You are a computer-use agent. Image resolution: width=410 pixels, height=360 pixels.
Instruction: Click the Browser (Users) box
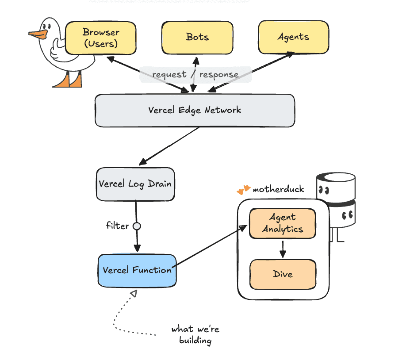100,38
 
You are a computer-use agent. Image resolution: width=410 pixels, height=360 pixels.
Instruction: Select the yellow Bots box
197,37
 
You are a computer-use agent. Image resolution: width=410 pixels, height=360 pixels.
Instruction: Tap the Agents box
293,37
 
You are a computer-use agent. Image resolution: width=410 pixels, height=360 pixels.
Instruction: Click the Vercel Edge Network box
195,110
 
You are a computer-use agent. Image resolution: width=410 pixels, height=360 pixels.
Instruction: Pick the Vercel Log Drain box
135,184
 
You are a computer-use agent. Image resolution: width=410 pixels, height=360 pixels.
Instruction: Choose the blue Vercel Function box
137,270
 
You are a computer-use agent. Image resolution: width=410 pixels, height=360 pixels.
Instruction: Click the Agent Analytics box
283,223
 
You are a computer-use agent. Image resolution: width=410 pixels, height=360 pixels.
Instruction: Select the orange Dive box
283,274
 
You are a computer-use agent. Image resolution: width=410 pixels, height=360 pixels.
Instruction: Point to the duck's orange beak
38,34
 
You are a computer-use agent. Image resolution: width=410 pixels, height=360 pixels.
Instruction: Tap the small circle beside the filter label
137,226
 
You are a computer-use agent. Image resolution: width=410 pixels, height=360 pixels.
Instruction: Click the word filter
118,226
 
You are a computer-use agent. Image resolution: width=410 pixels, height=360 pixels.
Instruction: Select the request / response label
195,74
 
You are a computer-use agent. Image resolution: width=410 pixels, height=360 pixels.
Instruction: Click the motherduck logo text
278,189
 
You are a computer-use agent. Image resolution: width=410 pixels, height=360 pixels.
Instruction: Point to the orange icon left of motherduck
243,190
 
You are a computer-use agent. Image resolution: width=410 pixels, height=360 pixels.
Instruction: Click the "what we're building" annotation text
195,335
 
